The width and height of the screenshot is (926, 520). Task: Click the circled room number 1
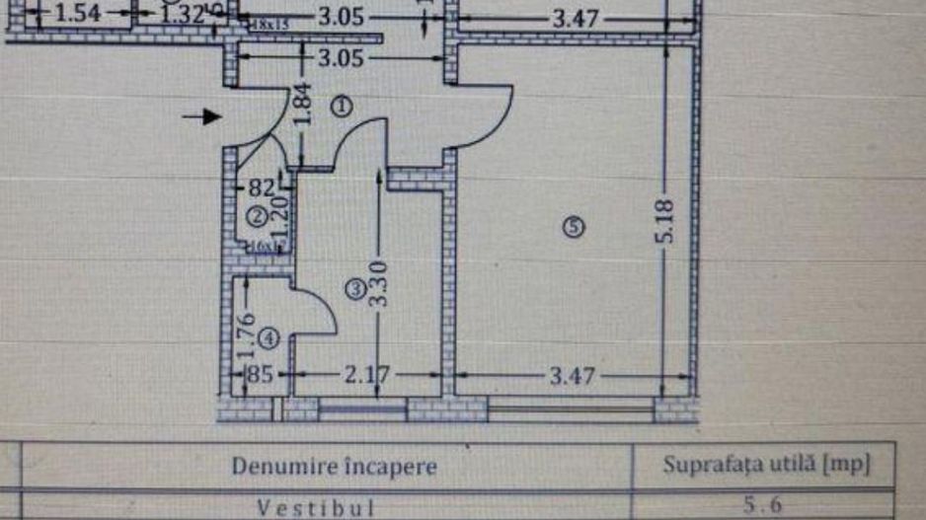pos(341,106)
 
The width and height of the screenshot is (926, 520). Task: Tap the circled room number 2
pos(255,215)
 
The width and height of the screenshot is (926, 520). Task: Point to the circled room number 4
pos(272,337)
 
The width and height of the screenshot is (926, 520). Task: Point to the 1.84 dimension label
pos(303,106)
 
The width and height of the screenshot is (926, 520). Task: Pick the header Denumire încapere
pos(334,466)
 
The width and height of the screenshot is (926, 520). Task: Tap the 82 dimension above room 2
pos(261,186)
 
